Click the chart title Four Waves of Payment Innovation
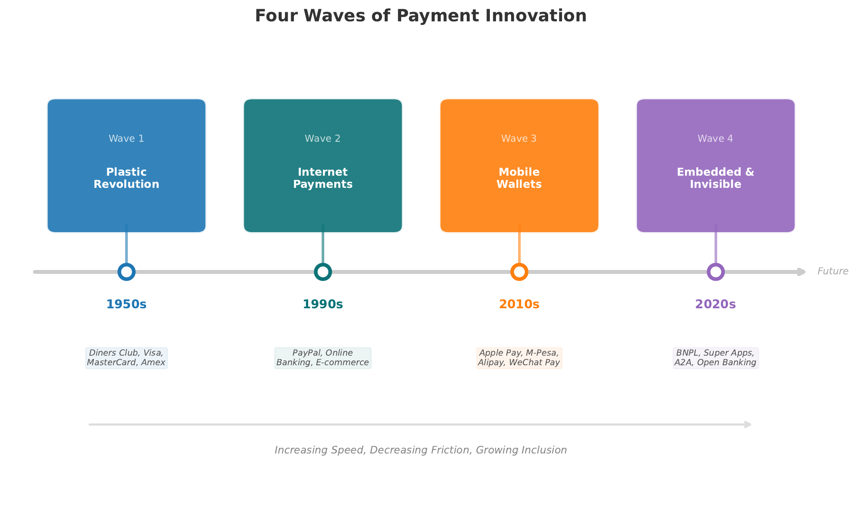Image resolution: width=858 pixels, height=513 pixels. tap(420, 16)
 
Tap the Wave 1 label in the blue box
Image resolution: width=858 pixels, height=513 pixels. tap(126, 139)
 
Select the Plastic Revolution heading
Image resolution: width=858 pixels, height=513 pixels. tap(126, 178)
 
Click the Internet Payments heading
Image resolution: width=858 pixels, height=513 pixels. tap(323, 178)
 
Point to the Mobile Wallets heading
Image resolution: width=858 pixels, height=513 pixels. tap(519, 178)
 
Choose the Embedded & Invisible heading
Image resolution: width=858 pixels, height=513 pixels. tap(715, 178)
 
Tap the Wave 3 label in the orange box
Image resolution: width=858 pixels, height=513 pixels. tap(519, 139)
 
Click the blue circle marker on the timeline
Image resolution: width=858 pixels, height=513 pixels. tap(126, 272)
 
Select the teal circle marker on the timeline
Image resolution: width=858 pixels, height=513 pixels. tap(323, 272)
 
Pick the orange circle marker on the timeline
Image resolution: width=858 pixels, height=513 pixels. tap(519, 272)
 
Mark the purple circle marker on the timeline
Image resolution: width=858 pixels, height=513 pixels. tap(716, 272)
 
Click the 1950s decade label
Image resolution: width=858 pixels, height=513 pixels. tap(126, 304)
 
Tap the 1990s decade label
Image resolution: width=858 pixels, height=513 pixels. tap(323, 304)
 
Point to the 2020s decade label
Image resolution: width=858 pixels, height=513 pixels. tap(715, 304)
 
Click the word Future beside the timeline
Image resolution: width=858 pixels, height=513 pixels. tap(833, 271)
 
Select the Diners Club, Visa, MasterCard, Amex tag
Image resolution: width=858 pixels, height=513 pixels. tap(126, 358)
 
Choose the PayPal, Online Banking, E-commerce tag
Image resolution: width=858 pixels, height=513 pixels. tap(323, 358)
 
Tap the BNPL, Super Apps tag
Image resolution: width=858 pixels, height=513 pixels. tap(715, 358)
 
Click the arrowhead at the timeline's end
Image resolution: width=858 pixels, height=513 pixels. tap(801, 272)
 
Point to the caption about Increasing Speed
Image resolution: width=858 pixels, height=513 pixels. tap(420, 450)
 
